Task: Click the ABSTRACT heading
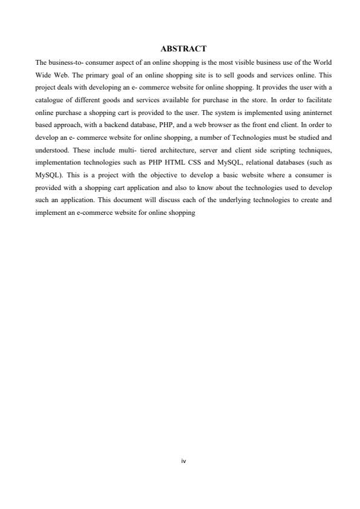click(x=183, y=48)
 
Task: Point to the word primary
click(x=83, y=75)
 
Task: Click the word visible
click(x=242, y=62)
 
